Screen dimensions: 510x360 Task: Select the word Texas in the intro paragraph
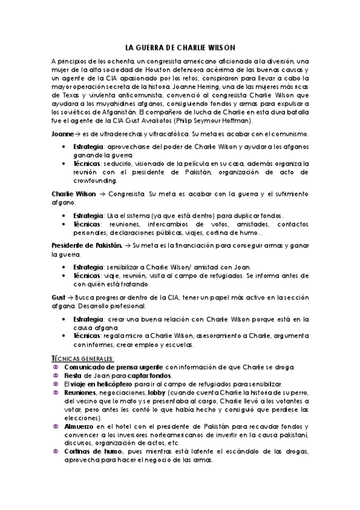click(x=61, y=94)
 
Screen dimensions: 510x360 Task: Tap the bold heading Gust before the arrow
click(x=58, y=297)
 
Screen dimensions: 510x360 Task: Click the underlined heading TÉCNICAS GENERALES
click(x=84, y=357)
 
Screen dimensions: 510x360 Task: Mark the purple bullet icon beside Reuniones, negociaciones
click(x=56, y=392)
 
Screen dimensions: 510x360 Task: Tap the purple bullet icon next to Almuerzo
click(x=56, y=425)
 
